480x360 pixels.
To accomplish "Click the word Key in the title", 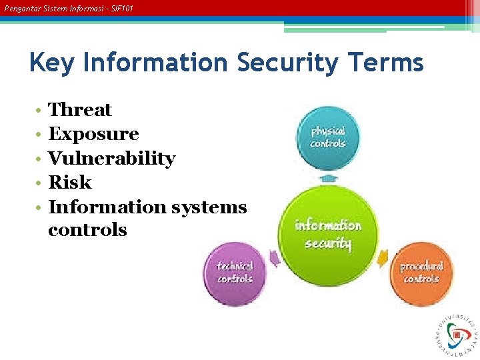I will click(52, 63).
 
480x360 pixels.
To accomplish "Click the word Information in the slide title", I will click(156, 63).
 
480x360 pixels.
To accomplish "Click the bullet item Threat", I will click(80, 110).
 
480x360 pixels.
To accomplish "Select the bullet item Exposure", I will click(93, 134).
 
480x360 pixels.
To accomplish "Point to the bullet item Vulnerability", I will click(112, 159).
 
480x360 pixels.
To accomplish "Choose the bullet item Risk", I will click(70, 183).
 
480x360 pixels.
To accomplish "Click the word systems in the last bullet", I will click(209, 207).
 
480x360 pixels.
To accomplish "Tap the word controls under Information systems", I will click(87, 230).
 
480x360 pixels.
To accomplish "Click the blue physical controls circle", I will click(327, 137).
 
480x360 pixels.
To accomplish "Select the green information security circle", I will click(327, 234).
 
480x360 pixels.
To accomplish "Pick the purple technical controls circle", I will click(235, 273).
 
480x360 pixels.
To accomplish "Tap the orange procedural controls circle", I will click(421, 273).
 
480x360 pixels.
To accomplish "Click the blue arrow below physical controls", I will click(327, 178).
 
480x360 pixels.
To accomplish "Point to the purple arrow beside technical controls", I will click(274, 257).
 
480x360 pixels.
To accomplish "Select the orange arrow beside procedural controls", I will click(383, 257).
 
